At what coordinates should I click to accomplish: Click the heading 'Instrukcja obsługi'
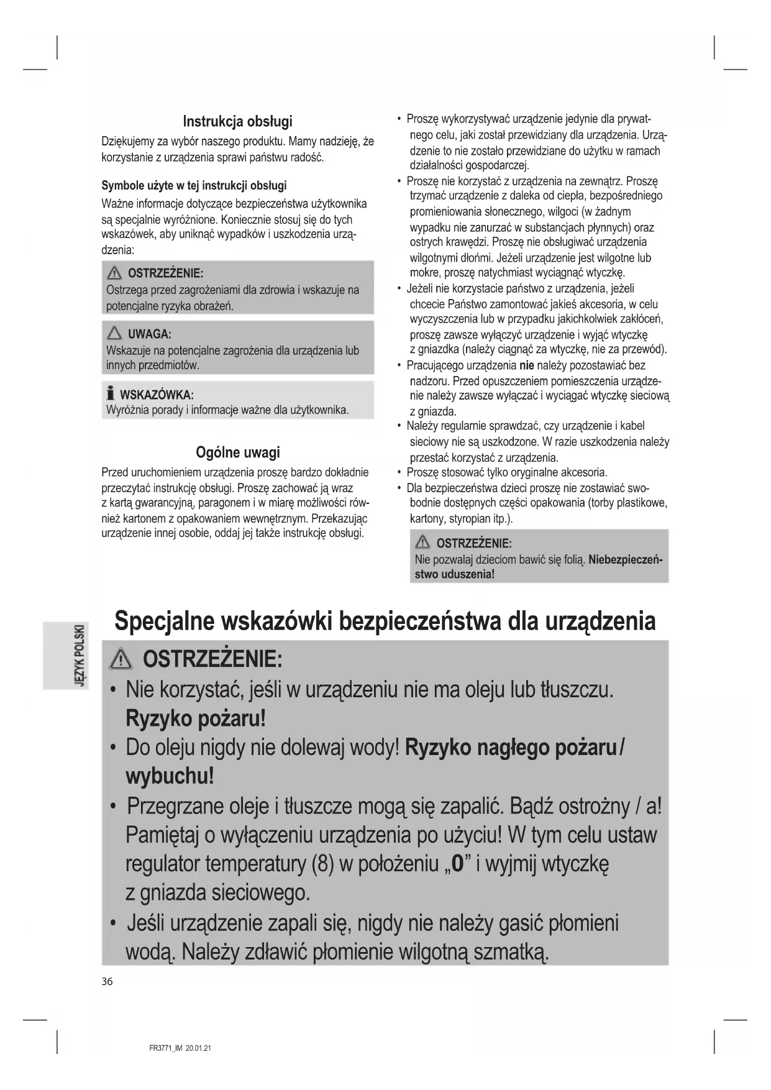[237, 121]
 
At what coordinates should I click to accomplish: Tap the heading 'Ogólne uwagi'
[237, 452]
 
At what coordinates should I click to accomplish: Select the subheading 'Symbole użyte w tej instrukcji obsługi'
[194, 185]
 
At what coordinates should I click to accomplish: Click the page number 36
[107, 981]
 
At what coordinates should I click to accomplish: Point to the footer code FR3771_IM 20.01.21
[180, 1048]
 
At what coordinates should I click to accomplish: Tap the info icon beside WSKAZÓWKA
[111, 393]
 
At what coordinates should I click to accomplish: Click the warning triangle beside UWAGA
[114, 334]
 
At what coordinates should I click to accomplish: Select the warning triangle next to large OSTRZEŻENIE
[121, 659]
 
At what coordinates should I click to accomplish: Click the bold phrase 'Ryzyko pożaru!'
[196, 718]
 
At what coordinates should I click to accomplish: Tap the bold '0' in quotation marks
[458, 864]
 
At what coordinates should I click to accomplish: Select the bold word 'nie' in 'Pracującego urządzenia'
[526, 365]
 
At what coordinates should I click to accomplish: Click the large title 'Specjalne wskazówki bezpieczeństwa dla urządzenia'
[385, 621]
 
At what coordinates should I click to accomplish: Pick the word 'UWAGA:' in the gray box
[149, 334]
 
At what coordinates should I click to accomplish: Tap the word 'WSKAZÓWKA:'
[157, 395]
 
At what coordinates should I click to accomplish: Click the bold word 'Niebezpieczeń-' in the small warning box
[625, 559]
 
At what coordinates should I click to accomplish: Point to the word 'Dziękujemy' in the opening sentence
[127, 142]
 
